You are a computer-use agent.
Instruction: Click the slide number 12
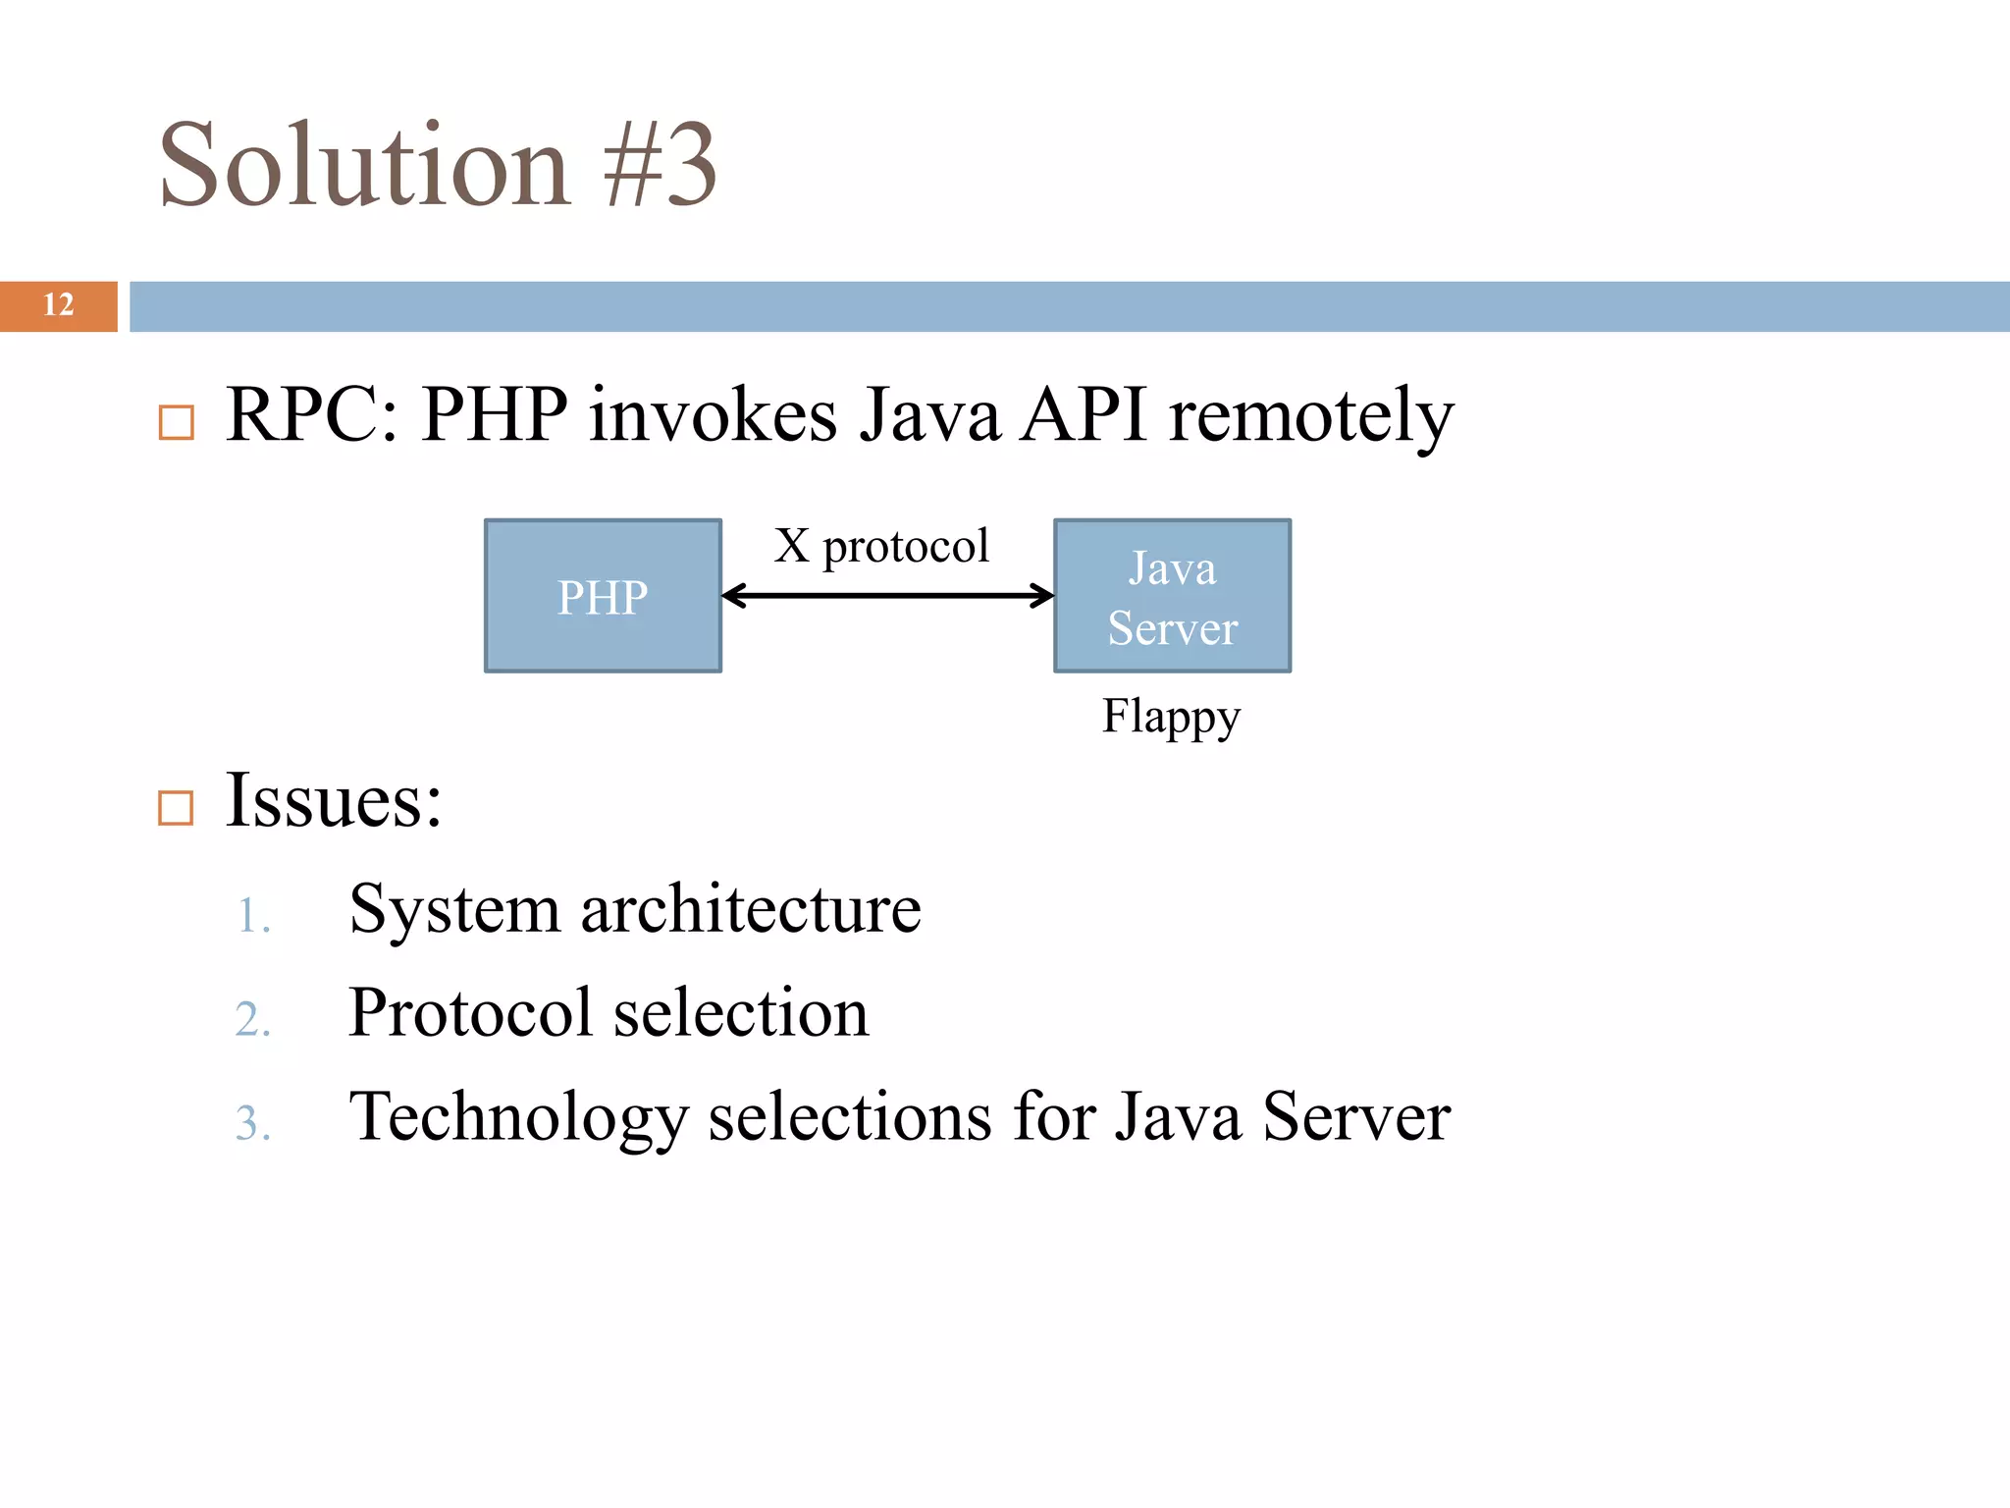point(59,305)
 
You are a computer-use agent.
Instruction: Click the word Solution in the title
point(364,165)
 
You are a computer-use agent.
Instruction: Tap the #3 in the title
point(661,165)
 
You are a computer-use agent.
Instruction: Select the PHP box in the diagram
point(603,596)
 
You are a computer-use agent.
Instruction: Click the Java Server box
point(1172,596)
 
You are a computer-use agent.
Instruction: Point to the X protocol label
point(880,546)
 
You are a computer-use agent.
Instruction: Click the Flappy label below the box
point(1171,716)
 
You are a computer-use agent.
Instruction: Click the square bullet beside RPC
point(177,423)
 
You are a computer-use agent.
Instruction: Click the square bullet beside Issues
point(177,808)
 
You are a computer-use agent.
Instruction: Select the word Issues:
point(334,800)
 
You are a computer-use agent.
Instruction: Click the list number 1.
point(253,916)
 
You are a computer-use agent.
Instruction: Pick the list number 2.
point(253,1019)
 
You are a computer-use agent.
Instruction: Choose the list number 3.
point(253,1123)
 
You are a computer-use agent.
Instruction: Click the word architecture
point(751,909)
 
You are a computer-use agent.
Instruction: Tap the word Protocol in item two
point(471,1012)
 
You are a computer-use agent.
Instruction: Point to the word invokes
point(713,416)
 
